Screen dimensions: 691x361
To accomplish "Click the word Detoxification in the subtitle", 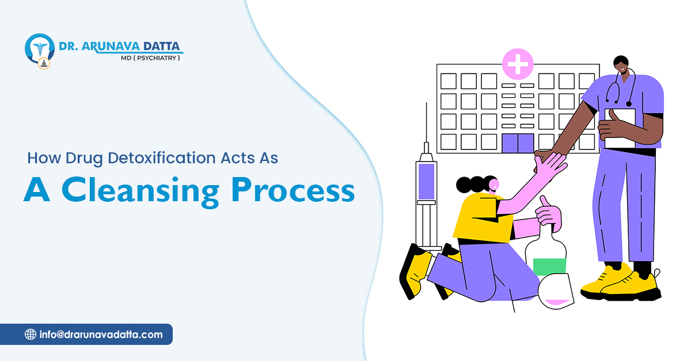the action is tap(162, 158).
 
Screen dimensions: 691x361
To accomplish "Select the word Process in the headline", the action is tap(293, 190).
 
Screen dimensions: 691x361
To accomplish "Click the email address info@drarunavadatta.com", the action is tap(101, 335).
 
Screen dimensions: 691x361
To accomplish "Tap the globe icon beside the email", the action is tap(30, 335).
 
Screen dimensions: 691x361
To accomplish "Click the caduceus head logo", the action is tap(40, 49).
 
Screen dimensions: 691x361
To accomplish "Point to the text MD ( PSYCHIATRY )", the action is tap(150, 58).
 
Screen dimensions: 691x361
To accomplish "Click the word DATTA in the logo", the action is tap(162, 46).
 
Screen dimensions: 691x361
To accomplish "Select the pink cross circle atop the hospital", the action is tap(518, 64).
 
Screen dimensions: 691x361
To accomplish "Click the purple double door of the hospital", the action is tap(518, 143).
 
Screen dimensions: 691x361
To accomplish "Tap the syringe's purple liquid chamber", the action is tap(426, 181).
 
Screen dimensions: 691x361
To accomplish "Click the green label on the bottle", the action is tap(549, 267).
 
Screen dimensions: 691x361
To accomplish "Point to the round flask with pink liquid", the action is tap(556, 291).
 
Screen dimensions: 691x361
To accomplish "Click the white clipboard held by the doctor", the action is tap(620, 128).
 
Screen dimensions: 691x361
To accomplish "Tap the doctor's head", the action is tap(621, 65).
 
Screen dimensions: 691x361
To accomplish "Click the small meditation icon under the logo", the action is tap(44, 64).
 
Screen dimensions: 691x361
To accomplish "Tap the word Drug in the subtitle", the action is tap(83, 159).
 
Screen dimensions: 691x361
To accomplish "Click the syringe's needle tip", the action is tap(426, 103).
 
